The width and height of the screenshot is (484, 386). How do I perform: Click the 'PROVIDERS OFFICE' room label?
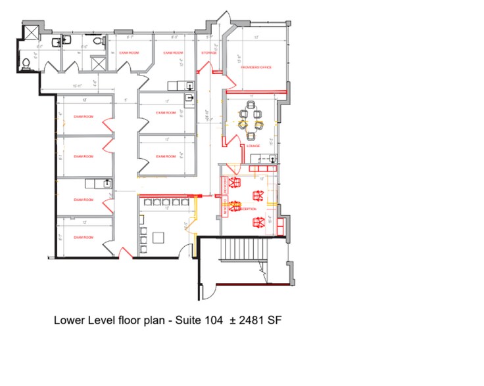tap(256, 67)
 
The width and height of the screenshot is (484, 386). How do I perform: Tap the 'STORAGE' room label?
tap(209, 53)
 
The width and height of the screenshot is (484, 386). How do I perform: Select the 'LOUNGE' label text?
tap(253, 146)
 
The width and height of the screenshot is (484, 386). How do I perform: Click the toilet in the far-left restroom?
tap(26, 63)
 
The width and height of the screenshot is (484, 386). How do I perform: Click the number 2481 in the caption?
tap(247, 321)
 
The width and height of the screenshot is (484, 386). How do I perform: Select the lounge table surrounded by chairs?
tap(251, 119)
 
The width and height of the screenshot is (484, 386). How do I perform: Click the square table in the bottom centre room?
tap(160, 237)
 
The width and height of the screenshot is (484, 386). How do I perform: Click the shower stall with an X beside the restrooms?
tap(97, 64)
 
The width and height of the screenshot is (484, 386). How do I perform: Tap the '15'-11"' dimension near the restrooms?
tap(39, 47)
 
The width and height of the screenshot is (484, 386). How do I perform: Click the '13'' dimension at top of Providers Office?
tap(255, 38)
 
